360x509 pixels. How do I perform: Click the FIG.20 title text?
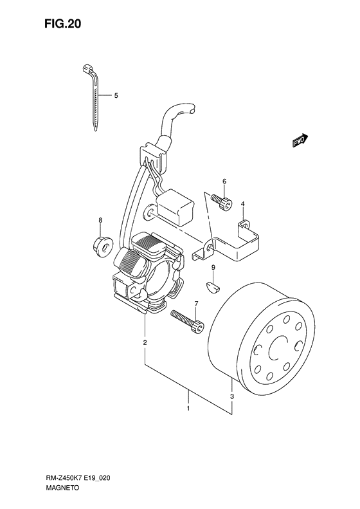tap(63, 24)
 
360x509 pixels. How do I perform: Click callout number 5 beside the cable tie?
tap(116, 95)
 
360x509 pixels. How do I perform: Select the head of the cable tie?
tap(86, 68)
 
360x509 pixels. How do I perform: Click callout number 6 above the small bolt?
tap(224, 181)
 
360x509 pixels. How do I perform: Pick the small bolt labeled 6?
tap(222, 202)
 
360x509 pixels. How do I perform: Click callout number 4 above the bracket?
tap(242, 203)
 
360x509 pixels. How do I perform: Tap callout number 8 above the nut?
tap(100, 220)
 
